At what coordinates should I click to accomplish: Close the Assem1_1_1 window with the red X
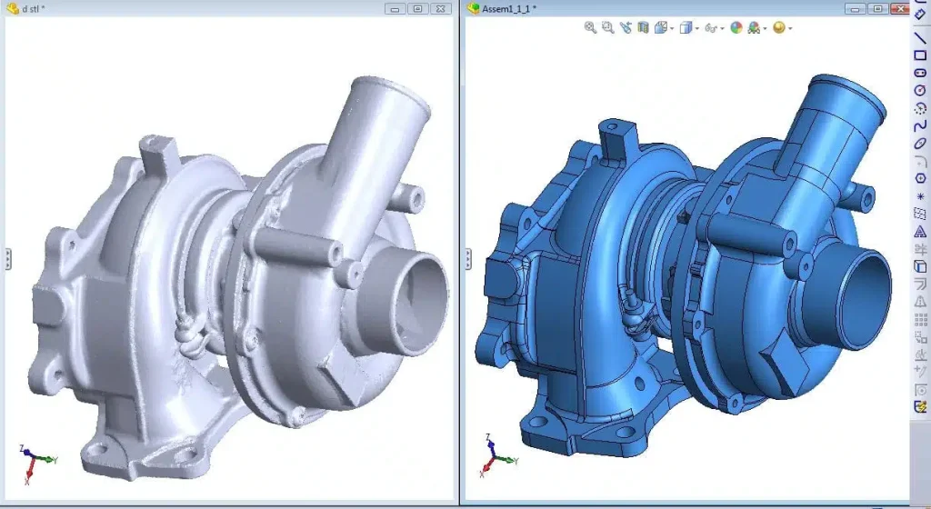pyautogui.click(x=900, y=8)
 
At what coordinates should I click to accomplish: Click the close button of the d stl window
pyautogui.click(x=440, y=8)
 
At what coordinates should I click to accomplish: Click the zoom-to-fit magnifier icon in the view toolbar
pyautogui.click(x=590, y=28)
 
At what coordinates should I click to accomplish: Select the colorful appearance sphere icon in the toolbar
pyautogui.click(x=736, y=28)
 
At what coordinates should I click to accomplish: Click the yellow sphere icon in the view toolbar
pyautogui.click(x=778, y=28)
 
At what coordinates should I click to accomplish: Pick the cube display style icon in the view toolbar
pyautogui.click(x=686, y=28)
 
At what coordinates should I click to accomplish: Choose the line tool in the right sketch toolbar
pyautogui.click(x=920, y=38)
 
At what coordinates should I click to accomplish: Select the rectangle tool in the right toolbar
pyautogui.click(x=920, y=55)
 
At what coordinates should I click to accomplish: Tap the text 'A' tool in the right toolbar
pyautogui.click(x=920, y=231)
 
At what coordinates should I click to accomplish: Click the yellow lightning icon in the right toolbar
pyautogui.click(x=920, y=405)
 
